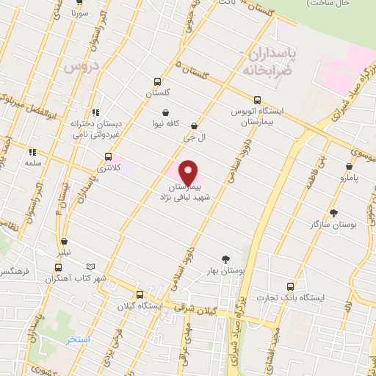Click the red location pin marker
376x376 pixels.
pyautogui.click(x=189, y=172)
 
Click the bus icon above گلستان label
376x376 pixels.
pyautogui.click(x=158, y=82)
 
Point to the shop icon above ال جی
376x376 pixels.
pyautogui.click(x=194, y=126)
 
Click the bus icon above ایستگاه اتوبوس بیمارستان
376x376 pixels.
pyautogui.click(x=257, y=99)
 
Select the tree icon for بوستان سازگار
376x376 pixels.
pyautogui.click(x=334, y=213)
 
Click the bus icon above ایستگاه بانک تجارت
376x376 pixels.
pyautogui.click(x=291, y=286)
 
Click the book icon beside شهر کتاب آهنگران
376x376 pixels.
pyautogui.click(x=90, y=267)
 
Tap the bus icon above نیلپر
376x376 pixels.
pyautogui.click(x=65, y=240)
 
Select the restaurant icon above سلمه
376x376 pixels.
pyautogui.click(x=32, y=152)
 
